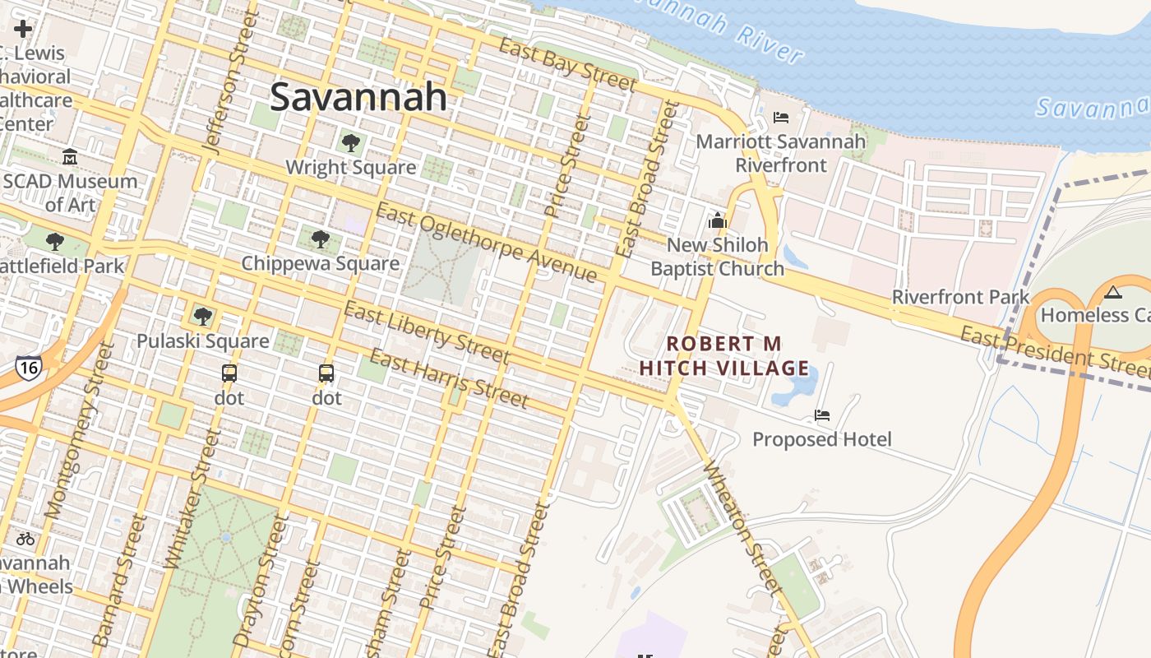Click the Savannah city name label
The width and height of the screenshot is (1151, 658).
(x=358, y=97)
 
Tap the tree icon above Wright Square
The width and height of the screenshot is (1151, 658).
(x=351, y=143)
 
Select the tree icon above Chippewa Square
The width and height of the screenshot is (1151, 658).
(x=321, y=239)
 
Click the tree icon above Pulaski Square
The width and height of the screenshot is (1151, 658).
(x=202, y=316)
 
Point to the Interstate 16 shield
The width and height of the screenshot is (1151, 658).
(x=28, y=368)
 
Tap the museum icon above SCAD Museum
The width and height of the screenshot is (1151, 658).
(x=70, y=156)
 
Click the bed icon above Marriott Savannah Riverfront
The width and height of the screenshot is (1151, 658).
(x=781, y=118)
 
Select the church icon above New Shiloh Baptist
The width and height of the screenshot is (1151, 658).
(x=718, y=220)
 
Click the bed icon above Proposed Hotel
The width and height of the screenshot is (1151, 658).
(x=821, y=415)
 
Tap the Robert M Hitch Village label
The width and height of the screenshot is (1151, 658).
(x=724, y=355)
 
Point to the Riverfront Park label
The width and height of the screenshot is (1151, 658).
(x=960, y=297)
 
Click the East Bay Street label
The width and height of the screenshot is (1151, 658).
(x=567, y=63)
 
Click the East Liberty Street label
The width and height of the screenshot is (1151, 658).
(x=426, y=332)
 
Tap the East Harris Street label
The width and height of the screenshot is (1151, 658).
(x=448, y=378)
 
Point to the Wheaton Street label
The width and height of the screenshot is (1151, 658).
(x=741, y=526)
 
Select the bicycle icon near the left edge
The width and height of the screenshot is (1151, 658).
(x=25, y=539)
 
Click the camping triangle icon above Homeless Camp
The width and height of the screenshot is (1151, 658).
(x=1112, y=291)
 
